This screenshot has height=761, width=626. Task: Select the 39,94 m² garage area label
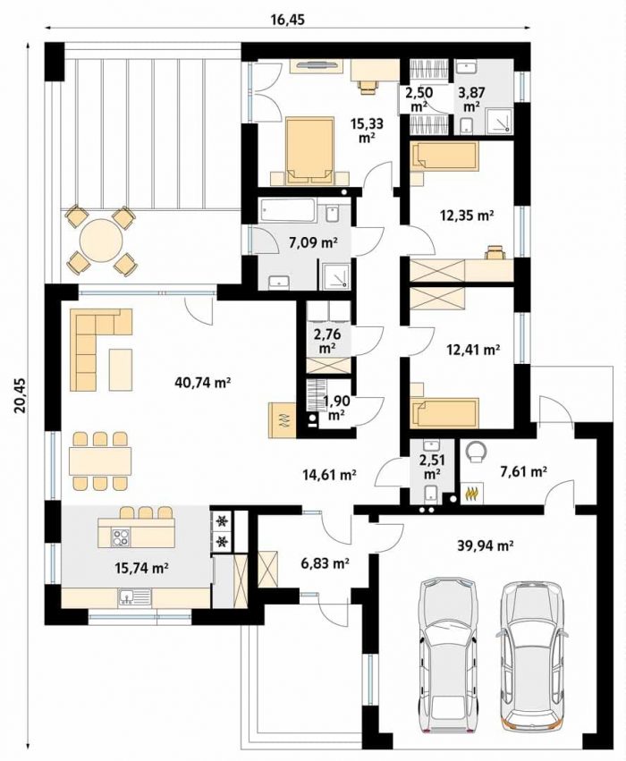[486, 545]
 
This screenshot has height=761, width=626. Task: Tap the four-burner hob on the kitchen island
[121, 537]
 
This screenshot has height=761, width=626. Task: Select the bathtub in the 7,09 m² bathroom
[288, 210]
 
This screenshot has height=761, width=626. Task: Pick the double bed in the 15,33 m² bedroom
[310, 151]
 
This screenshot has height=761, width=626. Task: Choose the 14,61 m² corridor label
[328, 475]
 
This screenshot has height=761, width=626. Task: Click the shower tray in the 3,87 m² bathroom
[498, 122]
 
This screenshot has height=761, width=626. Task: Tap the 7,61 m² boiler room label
[524, 470]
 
